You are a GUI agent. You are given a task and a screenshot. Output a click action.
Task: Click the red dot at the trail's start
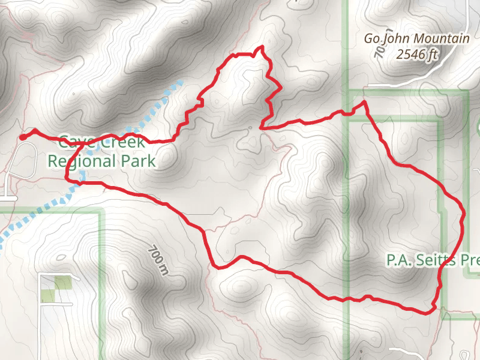click(22, 137)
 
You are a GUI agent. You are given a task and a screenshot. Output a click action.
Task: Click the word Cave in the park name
click(74, 143)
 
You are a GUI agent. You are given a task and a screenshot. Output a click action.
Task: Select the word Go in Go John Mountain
click(373, 39)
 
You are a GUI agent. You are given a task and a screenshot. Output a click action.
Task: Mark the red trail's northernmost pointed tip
click(260, 47)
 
